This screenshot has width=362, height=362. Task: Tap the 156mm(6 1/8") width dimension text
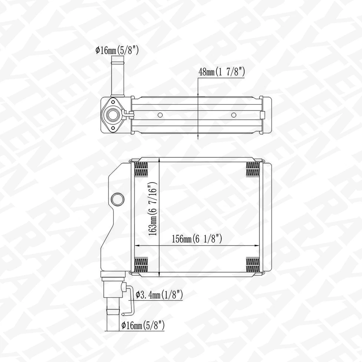[x=197, y=238]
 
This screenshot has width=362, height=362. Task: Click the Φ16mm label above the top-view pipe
[x=117, y=50]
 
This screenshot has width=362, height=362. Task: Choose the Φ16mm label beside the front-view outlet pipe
[x=143, y=325]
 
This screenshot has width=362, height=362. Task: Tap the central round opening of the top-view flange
[x=112, y=115]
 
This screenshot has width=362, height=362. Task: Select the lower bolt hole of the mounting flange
[x=112, y=128]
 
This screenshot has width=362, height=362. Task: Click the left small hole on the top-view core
[x=160, y=115]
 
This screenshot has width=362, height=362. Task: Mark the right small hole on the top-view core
[x=233, y=115]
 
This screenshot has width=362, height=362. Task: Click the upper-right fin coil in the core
[x=253, y=169]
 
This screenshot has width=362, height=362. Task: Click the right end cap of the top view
[x=265, y=115]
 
